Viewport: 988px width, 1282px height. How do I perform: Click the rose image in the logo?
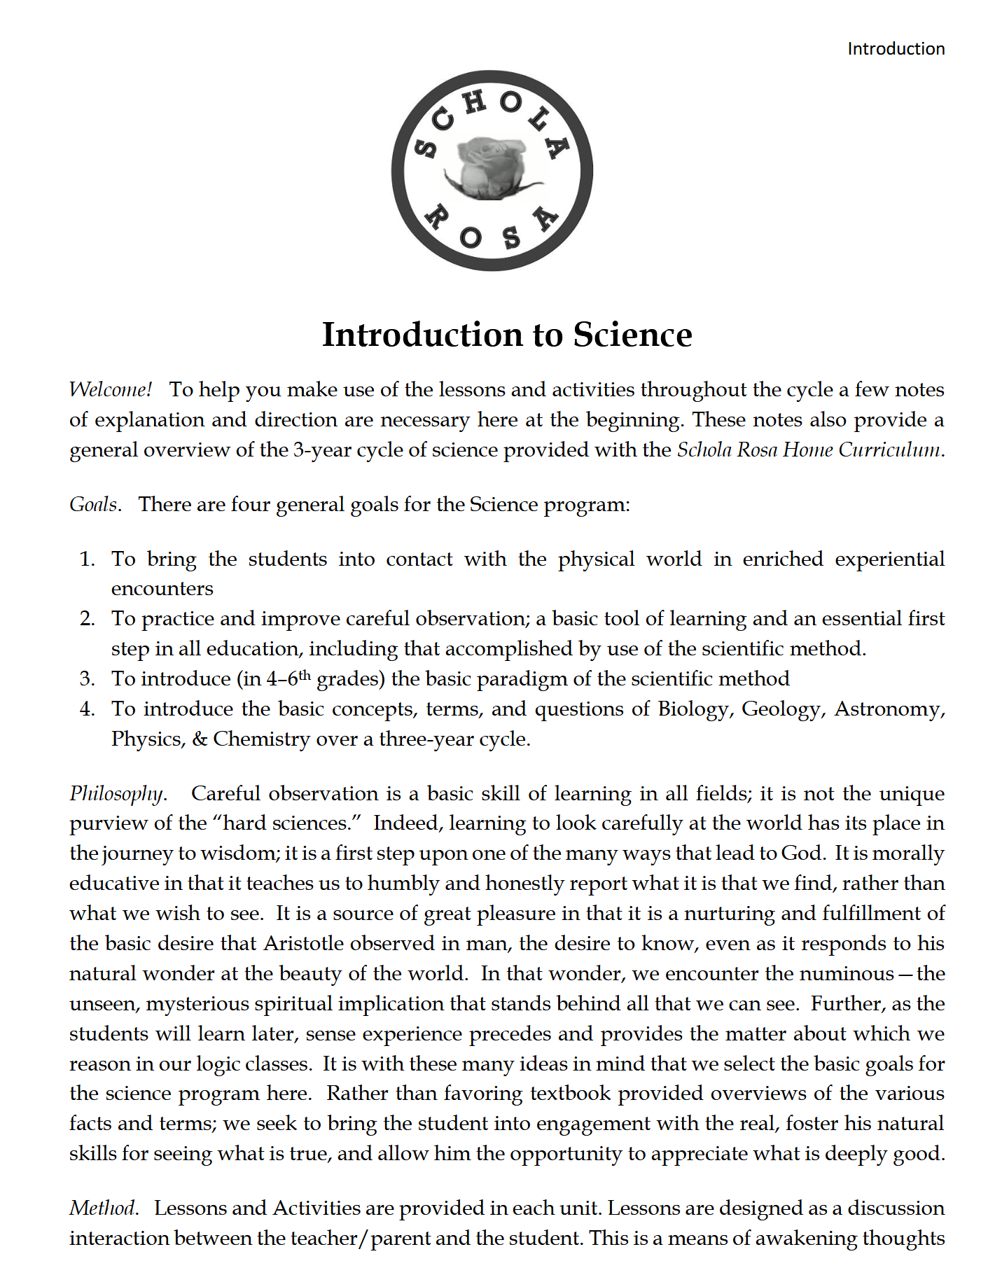[492, 167]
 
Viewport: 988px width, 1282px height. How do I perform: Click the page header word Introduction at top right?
[896, 49]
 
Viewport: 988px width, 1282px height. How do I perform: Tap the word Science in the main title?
[632, 335]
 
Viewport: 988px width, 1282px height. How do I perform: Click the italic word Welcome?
[110, 389]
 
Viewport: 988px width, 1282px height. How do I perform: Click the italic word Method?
[103, 1208]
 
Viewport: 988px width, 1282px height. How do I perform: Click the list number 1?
[87, 559]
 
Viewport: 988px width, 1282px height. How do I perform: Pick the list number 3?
[87, 678]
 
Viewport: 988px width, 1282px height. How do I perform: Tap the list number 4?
[87, 709]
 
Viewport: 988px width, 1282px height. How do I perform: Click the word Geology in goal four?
[781, 709]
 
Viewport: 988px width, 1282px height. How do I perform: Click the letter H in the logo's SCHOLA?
[475, 102]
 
